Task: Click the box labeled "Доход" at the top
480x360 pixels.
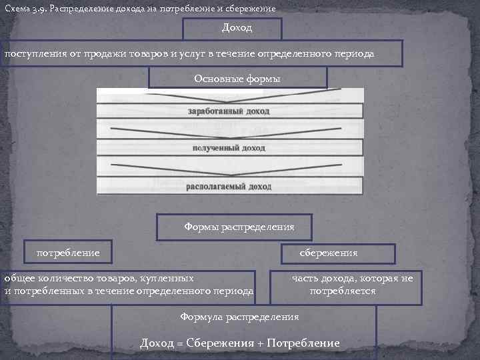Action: point(232,29)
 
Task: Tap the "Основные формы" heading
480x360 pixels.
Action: point(237,78)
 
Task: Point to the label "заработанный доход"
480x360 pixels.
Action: point(229,111)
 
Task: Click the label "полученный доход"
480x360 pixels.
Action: point(229,148)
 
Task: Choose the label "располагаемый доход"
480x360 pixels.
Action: point(229,187)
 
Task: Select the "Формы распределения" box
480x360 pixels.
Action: point(239,227)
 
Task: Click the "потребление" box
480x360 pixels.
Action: point(67,253)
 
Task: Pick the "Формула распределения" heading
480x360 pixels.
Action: point(239,317)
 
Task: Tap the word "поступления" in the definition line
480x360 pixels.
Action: point(33,53)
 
